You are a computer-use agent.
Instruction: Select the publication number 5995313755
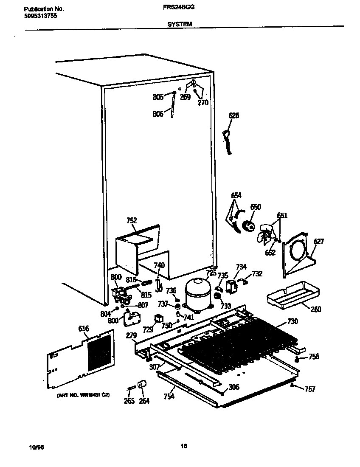[x=40, y=16]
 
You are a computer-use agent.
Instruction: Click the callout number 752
[x=132, y=220]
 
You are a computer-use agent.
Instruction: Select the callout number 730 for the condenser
[x=292, y=321]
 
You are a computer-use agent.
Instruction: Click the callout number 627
[x=318, y=242]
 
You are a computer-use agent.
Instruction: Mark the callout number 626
[x=233, y=115]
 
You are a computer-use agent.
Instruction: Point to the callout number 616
[x=84, y=328]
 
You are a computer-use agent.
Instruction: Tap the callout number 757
[x=310, y=389]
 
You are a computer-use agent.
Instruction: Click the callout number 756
[x=313, y=357]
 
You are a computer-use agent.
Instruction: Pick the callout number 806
[x=157, y=114]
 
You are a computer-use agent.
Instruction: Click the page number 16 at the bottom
[x=183, y=446]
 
